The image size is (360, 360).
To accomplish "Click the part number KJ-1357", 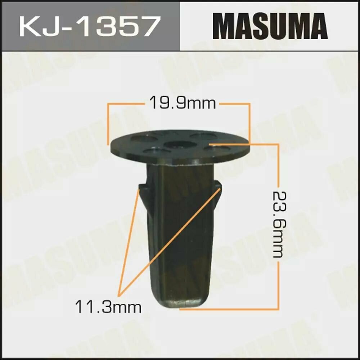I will [x=90, y=26].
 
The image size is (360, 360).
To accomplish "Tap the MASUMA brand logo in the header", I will [x=270, y=26].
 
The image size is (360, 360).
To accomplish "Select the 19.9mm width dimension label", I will [x=182, y=104].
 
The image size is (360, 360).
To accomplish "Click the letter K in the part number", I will [x=28, y=26].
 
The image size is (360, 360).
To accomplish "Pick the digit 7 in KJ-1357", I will [x=149, y=26].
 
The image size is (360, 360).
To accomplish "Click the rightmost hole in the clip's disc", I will [x=216, y=148].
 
